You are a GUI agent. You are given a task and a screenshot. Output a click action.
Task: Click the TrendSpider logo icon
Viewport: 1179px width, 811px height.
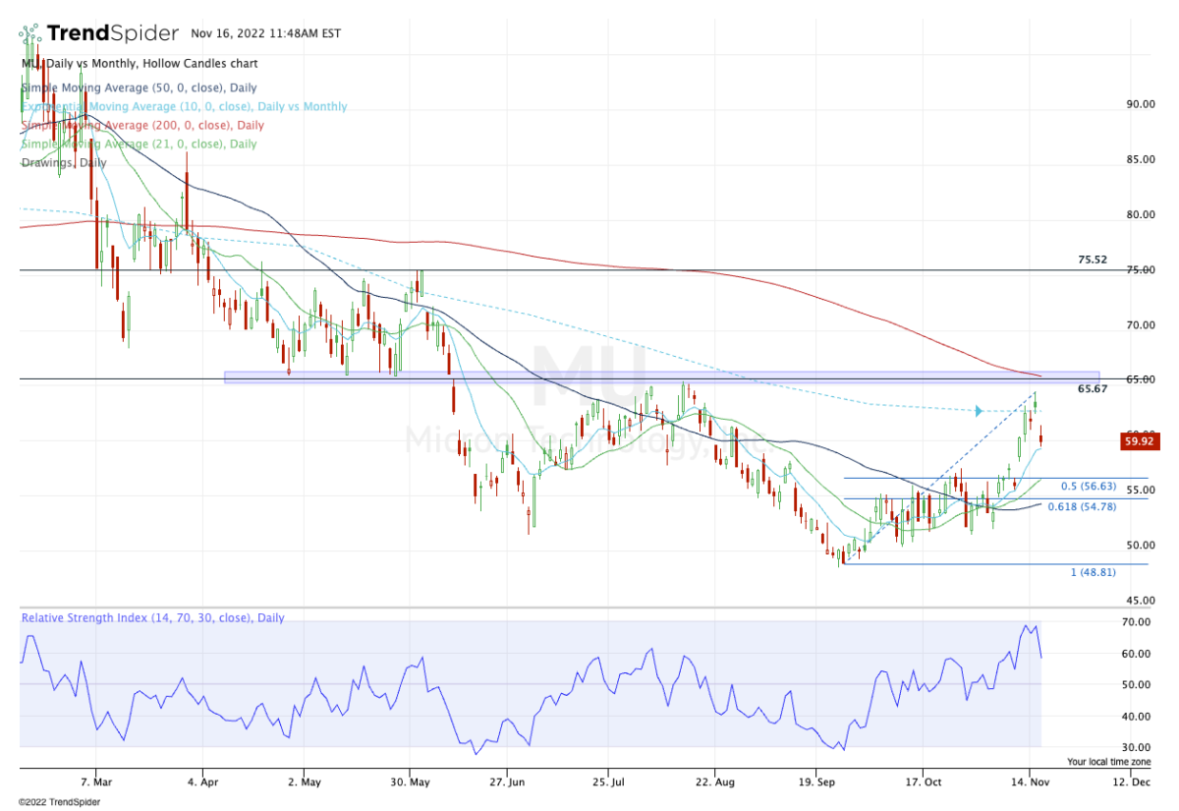(30, 32)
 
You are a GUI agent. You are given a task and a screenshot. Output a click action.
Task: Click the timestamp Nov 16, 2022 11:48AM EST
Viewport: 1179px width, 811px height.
(266, 33)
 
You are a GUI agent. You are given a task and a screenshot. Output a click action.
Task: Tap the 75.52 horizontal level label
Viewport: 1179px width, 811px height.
(1093, 261)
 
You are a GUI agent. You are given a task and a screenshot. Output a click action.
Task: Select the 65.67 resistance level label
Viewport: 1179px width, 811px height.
(1093, 389)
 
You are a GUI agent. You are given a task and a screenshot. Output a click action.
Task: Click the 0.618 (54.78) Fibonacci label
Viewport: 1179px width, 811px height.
(1082, 507)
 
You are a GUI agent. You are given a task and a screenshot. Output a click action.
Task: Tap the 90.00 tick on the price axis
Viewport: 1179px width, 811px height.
(1140, 104)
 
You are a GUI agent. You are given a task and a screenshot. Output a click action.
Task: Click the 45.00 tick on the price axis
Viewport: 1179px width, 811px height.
(1140, 600)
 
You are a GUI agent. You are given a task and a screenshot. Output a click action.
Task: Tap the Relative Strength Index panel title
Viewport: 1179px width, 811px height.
(152, 618)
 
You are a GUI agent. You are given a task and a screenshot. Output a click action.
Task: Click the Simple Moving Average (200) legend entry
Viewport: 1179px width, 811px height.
(142, 126)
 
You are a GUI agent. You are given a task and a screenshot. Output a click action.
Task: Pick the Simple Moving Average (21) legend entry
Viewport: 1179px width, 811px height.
(139, 145)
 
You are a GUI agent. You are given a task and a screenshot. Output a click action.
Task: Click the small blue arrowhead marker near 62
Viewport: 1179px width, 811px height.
(979, 411)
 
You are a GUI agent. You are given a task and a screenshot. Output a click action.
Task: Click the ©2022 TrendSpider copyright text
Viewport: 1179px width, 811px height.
(59, 801)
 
